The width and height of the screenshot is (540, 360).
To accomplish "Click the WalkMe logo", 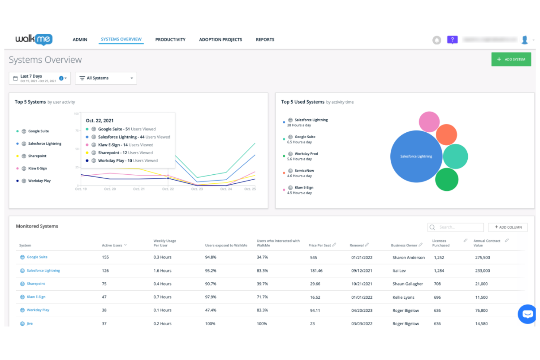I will [34, 39].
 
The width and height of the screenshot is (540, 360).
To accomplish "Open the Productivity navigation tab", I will [170, 39].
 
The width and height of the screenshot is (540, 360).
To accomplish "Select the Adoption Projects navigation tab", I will [220, 39].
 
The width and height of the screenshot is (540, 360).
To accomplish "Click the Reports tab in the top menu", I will [265, 39].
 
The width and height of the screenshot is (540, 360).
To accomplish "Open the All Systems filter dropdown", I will [106, 78].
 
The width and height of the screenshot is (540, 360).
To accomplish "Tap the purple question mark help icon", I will [452, 39].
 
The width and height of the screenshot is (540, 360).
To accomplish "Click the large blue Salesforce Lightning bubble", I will [416, 156].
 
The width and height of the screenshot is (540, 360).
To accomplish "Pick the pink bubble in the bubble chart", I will [429, 122].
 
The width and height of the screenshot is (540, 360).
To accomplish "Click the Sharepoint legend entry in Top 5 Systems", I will [37, 156].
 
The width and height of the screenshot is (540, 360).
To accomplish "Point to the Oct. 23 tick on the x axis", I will [197, 189].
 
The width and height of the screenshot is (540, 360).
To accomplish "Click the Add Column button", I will [508, 227].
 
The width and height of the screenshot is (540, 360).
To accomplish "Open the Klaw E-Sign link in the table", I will [36, 297].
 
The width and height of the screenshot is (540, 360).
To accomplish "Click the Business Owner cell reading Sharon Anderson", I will [408, 258].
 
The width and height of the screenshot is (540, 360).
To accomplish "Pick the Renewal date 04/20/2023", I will [362, 310].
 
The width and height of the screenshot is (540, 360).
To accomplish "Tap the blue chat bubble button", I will [527, 314].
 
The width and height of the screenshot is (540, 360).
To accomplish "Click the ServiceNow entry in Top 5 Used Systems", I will [304, 171].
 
